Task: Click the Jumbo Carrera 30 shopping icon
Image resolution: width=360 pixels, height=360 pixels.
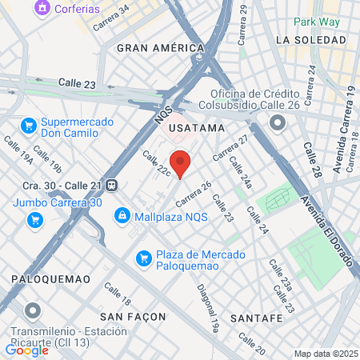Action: (35, 221)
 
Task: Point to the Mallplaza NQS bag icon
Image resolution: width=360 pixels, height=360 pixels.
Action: (122, 216)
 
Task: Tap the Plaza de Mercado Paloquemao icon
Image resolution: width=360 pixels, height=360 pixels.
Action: (144, 258)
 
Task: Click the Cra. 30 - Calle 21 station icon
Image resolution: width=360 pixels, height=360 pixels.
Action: (114, 185)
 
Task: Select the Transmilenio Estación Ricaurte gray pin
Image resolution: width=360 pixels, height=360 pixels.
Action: (32, 310)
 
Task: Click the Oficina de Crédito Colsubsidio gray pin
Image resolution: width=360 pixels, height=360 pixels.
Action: (278, 122)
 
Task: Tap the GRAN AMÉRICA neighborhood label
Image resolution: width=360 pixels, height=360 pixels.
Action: (160, 48)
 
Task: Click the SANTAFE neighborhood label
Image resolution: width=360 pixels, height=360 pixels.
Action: (255, 318)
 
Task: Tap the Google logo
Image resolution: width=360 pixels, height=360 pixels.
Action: (26, 350)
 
